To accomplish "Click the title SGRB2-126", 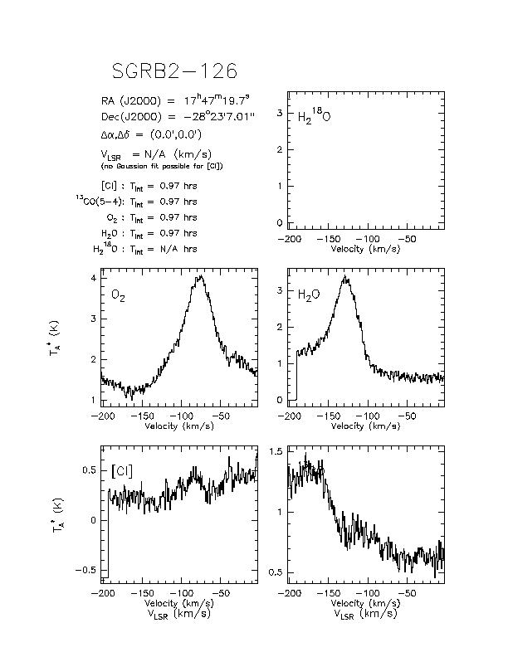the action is click(x=174, y=71).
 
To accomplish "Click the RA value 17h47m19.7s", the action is click(x=217, y=100).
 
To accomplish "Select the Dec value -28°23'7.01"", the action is click(x=219, y=117).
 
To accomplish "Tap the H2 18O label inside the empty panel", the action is click(x=314, y=115).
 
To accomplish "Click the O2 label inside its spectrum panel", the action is click(x=118, y=296).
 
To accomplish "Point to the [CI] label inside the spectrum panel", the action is click(x=122, y=471).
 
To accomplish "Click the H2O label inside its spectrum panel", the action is click(x=309, y=295).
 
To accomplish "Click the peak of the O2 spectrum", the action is click(x=202, y=275).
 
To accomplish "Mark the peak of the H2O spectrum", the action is click(x=345, y=276).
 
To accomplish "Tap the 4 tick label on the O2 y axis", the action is click(x=93, y=278).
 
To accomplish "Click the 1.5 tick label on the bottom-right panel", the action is click(x=276, y=451).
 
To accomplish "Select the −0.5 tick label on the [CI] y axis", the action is click(x=85, y=570).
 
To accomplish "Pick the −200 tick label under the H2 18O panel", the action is click(x=290, y=239).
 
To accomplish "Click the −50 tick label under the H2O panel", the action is click(x=407, y=416).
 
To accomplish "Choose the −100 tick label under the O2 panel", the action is click(x=181, y=416).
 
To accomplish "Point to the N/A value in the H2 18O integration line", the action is click(x=169, y=249).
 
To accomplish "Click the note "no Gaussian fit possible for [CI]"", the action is click(x=162, y=167).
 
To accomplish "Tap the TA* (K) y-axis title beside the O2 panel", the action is click(x=54, y=338).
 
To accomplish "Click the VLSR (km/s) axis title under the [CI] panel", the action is click(x=179, y=614).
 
